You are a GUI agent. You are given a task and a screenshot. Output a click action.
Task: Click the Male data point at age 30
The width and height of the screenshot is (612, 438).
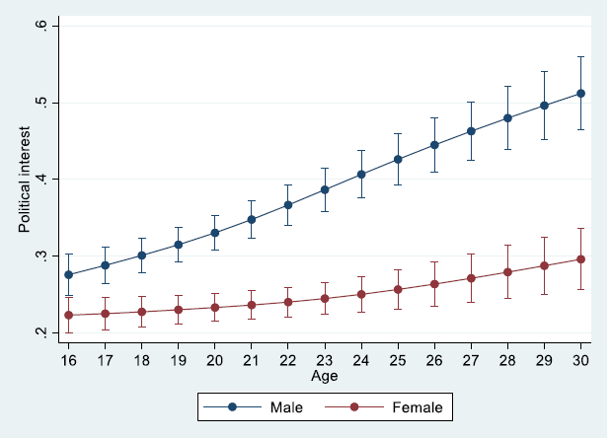[x=581, y=94]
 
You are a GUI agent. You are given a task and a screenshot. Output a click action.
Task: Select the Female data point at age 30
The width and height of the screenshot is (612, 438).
[x=581, y=259]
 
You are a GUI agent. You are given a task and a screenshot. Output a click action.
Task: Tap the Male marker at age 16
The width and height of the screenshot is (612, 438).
[x=68, y=275]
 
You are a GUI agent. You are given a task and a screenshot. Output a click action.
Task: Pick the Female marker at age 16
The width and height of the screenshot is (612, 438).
[x=68, y=315]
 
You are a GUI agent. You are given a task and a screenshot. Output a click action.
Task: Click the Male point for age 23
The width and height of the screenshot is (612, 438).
[x=325, y=189]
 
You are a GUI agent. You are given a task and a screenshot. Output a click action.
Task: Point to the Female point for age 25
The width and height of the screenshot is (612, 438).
[x=398, y=290]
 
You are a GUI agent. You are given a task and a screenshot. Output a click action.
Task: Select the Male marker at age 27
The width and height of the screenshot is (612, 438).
[x=472, y=131]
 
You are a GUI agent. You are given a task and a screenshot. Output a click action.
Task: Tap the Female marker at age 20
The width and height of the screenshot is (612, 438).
[x=215, y=308]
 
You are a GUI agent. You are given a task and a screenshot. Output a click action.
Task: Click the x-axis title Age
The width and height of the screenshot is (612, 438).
[x=325, y=376]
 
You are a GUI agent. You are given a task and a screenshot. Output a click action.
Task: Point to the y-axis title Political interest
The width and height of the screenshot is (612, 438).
[x=24, y=179]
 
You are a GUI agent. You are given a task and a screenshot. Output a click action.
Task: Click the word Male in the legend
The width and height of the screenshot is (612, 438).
[x=280, y=406]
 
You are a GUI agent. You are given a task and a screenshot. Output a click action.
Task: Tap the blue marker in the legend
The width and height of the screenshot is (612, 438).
[x=231, y=406]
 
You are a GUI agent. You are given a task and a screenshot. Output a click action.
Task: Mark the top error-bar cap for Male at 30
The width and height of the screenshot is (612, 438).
[x=581, y=57]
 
